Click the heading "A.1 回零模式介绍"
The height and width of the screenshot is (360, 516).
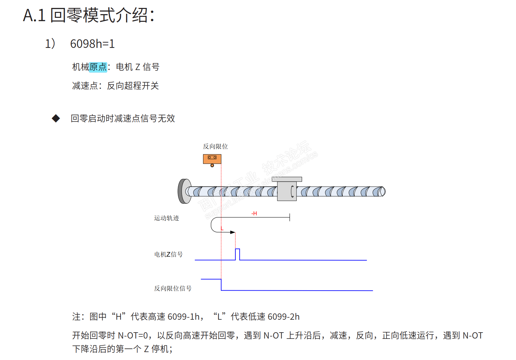(x=88, y=15)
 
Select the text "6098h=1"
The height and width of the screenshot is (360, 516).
(x=92, y=44)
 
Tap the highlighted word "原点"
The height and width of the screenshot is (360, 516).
(x=98, y=67)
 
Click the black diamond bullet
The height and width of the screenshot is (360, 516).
(x=56, y=118)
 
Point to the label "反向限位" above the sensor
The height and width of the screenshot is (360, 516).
(x=215, y=146)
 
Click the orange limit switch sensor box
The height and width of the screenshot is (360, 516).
(x=212, y=159)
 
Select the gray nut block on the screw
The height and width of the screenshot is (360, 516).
(x=287, y=191)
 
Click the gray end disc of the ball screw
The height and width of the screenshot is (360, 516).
(x=184, y=191)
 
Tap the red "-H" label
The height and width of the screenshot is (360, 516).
(x=254, y=214)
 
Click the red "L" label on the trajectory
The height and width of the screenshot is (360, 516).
(x=222, y=229)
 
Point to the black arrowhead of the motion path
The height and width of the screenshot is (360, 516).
(x=233, y=233)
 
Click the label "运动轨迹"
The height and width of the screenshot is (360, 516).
(x=166, y=218)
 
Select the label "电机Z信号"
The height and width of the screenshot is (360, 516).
(x=168, y=254)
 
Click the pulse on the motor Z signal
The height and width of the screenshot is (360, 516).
(x=237, y=254)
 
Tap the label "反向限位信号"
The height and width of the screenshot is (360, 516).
(x=173, y=288)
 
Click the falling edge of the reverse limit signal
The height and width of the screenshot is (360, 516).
(x=221, y=285)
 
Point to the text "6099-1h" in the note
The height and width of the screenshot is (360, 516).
(x=184, y=317)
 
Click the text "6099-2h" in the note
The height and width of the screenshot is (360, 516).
(x=284, y=317)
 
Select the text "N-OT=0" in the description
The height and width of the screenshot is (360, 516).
(x=133, y=336)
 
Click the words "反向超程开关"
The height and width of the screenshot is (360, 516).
(x=133, y=86)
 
